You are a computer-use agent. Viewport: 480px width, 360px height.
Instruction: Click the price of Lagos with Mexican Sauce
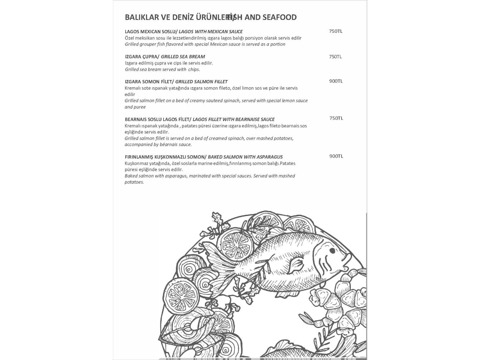pyautogui.click(x=336, y=31)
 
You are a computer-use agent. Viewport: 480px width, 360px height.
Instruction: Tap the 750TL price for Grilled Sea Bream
pyautogui.click(x=336, y=56)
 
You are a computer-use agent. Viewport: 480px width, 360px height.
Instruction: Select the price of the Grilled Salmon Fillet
pyautogui.click(x=336, y=81)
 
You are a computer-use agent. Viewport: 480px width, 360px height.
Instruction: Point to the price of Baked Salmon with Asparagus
pyautogui.click(x=336, y=156)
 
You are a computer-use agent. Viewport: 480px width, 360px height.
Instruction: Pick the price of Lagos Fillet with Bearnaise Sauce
pyautogui.click(x=336, y=118)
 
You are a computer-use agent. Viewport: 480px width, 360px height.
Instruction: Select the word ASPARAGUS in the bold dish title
pyautogui.click(x=268, y=157)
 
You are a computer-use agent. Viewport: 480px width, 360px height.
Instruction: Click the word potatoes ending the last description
pyautogui.click(x=134, y=182)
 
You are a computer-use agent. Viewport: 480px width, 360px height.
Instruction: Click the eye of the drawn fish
pyautogui.click(x=332, y=251)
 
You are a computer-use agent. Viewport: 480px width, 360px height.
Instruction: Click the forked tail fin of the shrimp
pyautogui.click(x=306, y=318)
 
